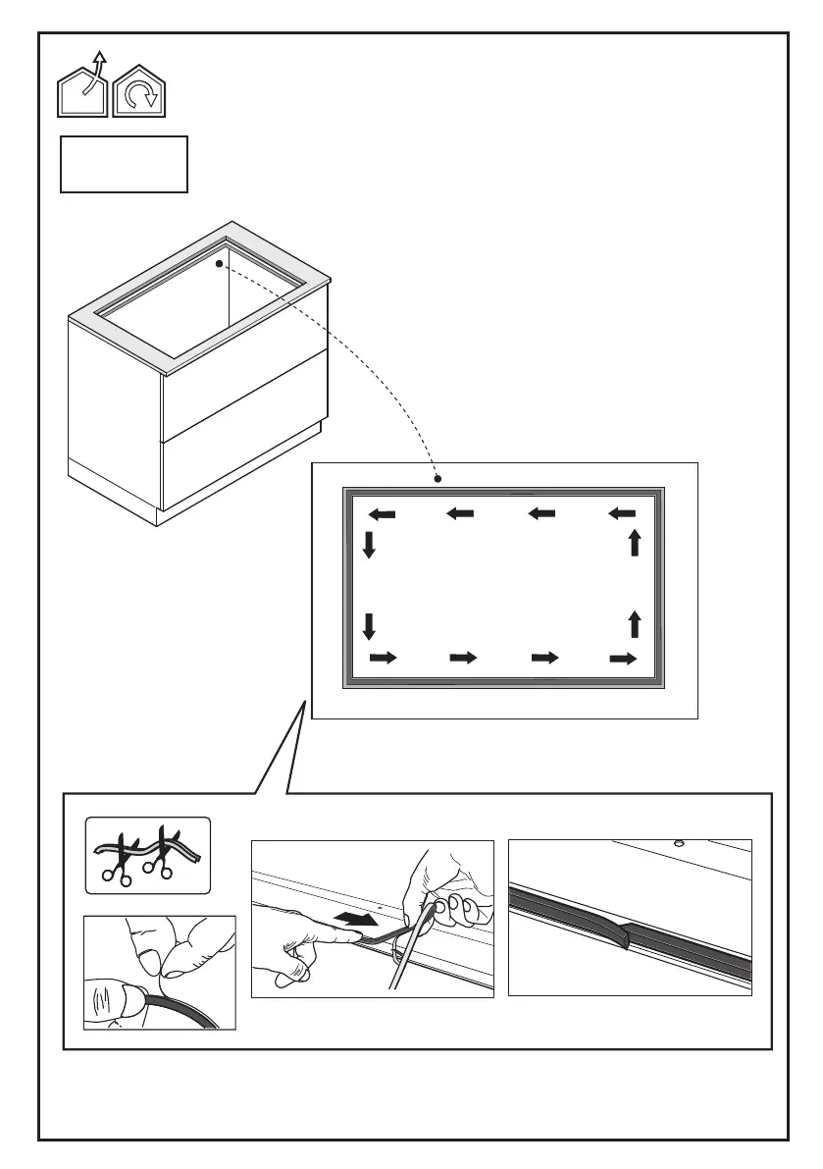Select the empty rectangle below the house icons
tap(124, 165)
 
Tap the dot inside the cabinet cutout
tap(221, 262)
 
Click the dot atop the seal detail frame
tap(438, 479)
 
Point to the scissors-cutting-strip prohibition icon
tap(148, 856)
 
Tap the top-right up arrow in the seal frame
tap(636, 542)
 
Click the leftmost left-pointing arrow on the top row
tap(382, 514)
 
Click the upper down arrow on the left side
tap(369, 546)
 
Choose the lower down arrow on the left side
tap(369, 625)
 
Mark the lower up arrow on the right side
tap(636, 623)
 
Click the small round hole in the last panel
tap(678, 842)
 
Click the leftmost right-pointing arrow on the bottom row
tap(383, 658)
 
